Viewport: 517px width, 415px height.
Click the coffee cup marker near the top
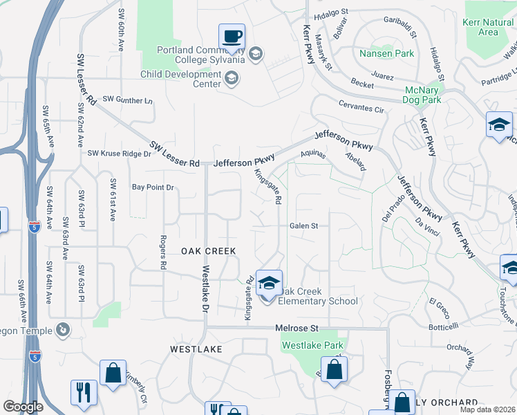click(232, 35)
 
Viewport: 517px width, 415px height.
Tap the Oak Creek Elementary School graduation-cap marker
click(268, 284)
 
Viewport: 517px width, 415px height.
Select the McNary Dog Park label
click(422, 95)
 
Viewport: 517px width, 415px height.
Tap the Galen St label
click(303, 226)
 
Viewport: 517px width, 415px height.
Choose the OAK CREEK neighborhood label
click(209, 251)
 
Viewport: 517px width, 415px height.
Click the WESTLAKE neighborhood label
click(196, 349)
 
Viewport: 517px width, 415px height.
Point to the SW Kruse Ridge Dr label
click(119, 154)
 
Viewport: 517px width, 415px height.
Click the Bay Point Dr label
click(153, 187)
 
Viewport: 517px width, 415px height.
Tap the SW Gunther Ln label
click(128, 101)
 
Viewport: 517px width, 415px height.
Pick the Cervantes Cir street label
click(361, 109)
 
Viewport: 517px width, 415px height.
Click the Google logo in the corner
click(23, 407)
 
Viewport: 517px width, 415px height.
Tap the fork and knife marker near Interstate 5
click(82, 391)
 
